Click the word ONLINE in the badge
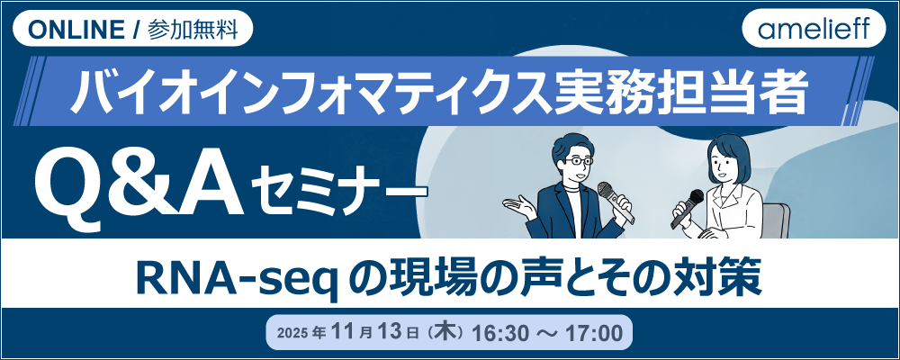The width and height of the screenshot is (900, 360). [x=76, y=29]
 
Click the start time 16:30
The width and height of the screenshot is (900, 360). [x=500, y=333]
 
